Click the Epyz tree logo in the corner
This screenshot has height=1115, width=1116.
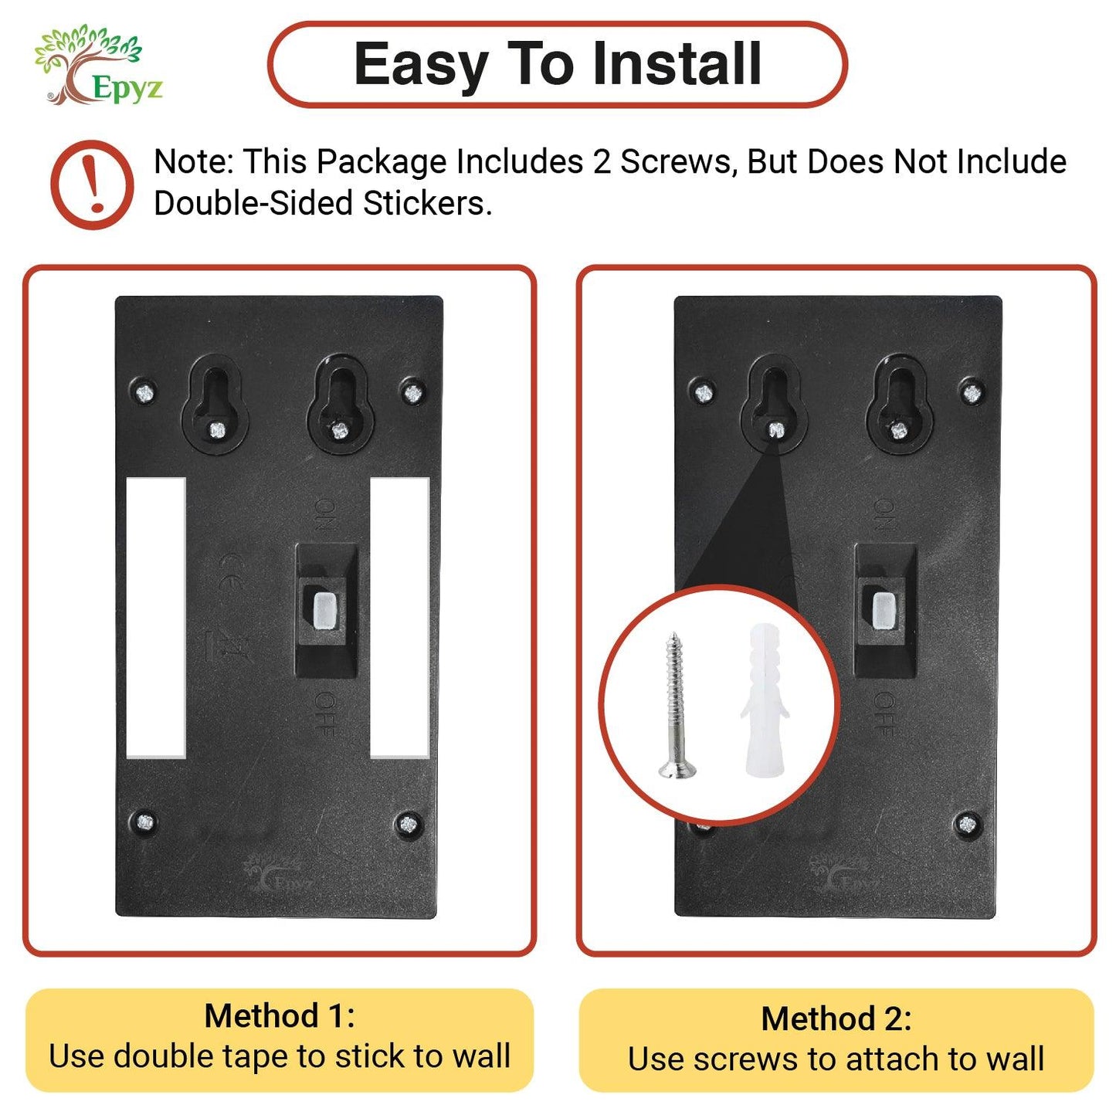[x=98, y=65]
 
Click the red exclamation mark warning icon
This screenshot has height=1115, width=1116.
[x=91, y=185]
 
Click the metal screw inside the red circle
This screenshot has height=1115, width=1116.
[x=677, y=705]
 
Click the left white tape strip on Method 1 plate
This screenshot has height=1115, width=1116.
[x=156, y=618]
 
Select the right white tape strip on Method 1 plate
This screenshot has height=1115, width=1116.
[x=399, y=618]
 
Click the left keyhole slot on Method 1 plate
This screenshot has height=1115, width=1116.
[x=215, y=404]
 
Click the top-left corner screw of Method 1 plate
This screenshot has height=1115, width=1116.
[x=144, y=393]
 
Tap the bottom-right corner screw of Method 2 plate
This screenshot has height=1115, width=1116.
[x=967, y=824]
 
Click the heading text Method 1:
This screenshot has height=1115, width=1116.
[x=280, y=1016]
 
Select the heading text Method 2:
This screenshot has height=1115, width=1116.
[x=836, y=1018]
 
